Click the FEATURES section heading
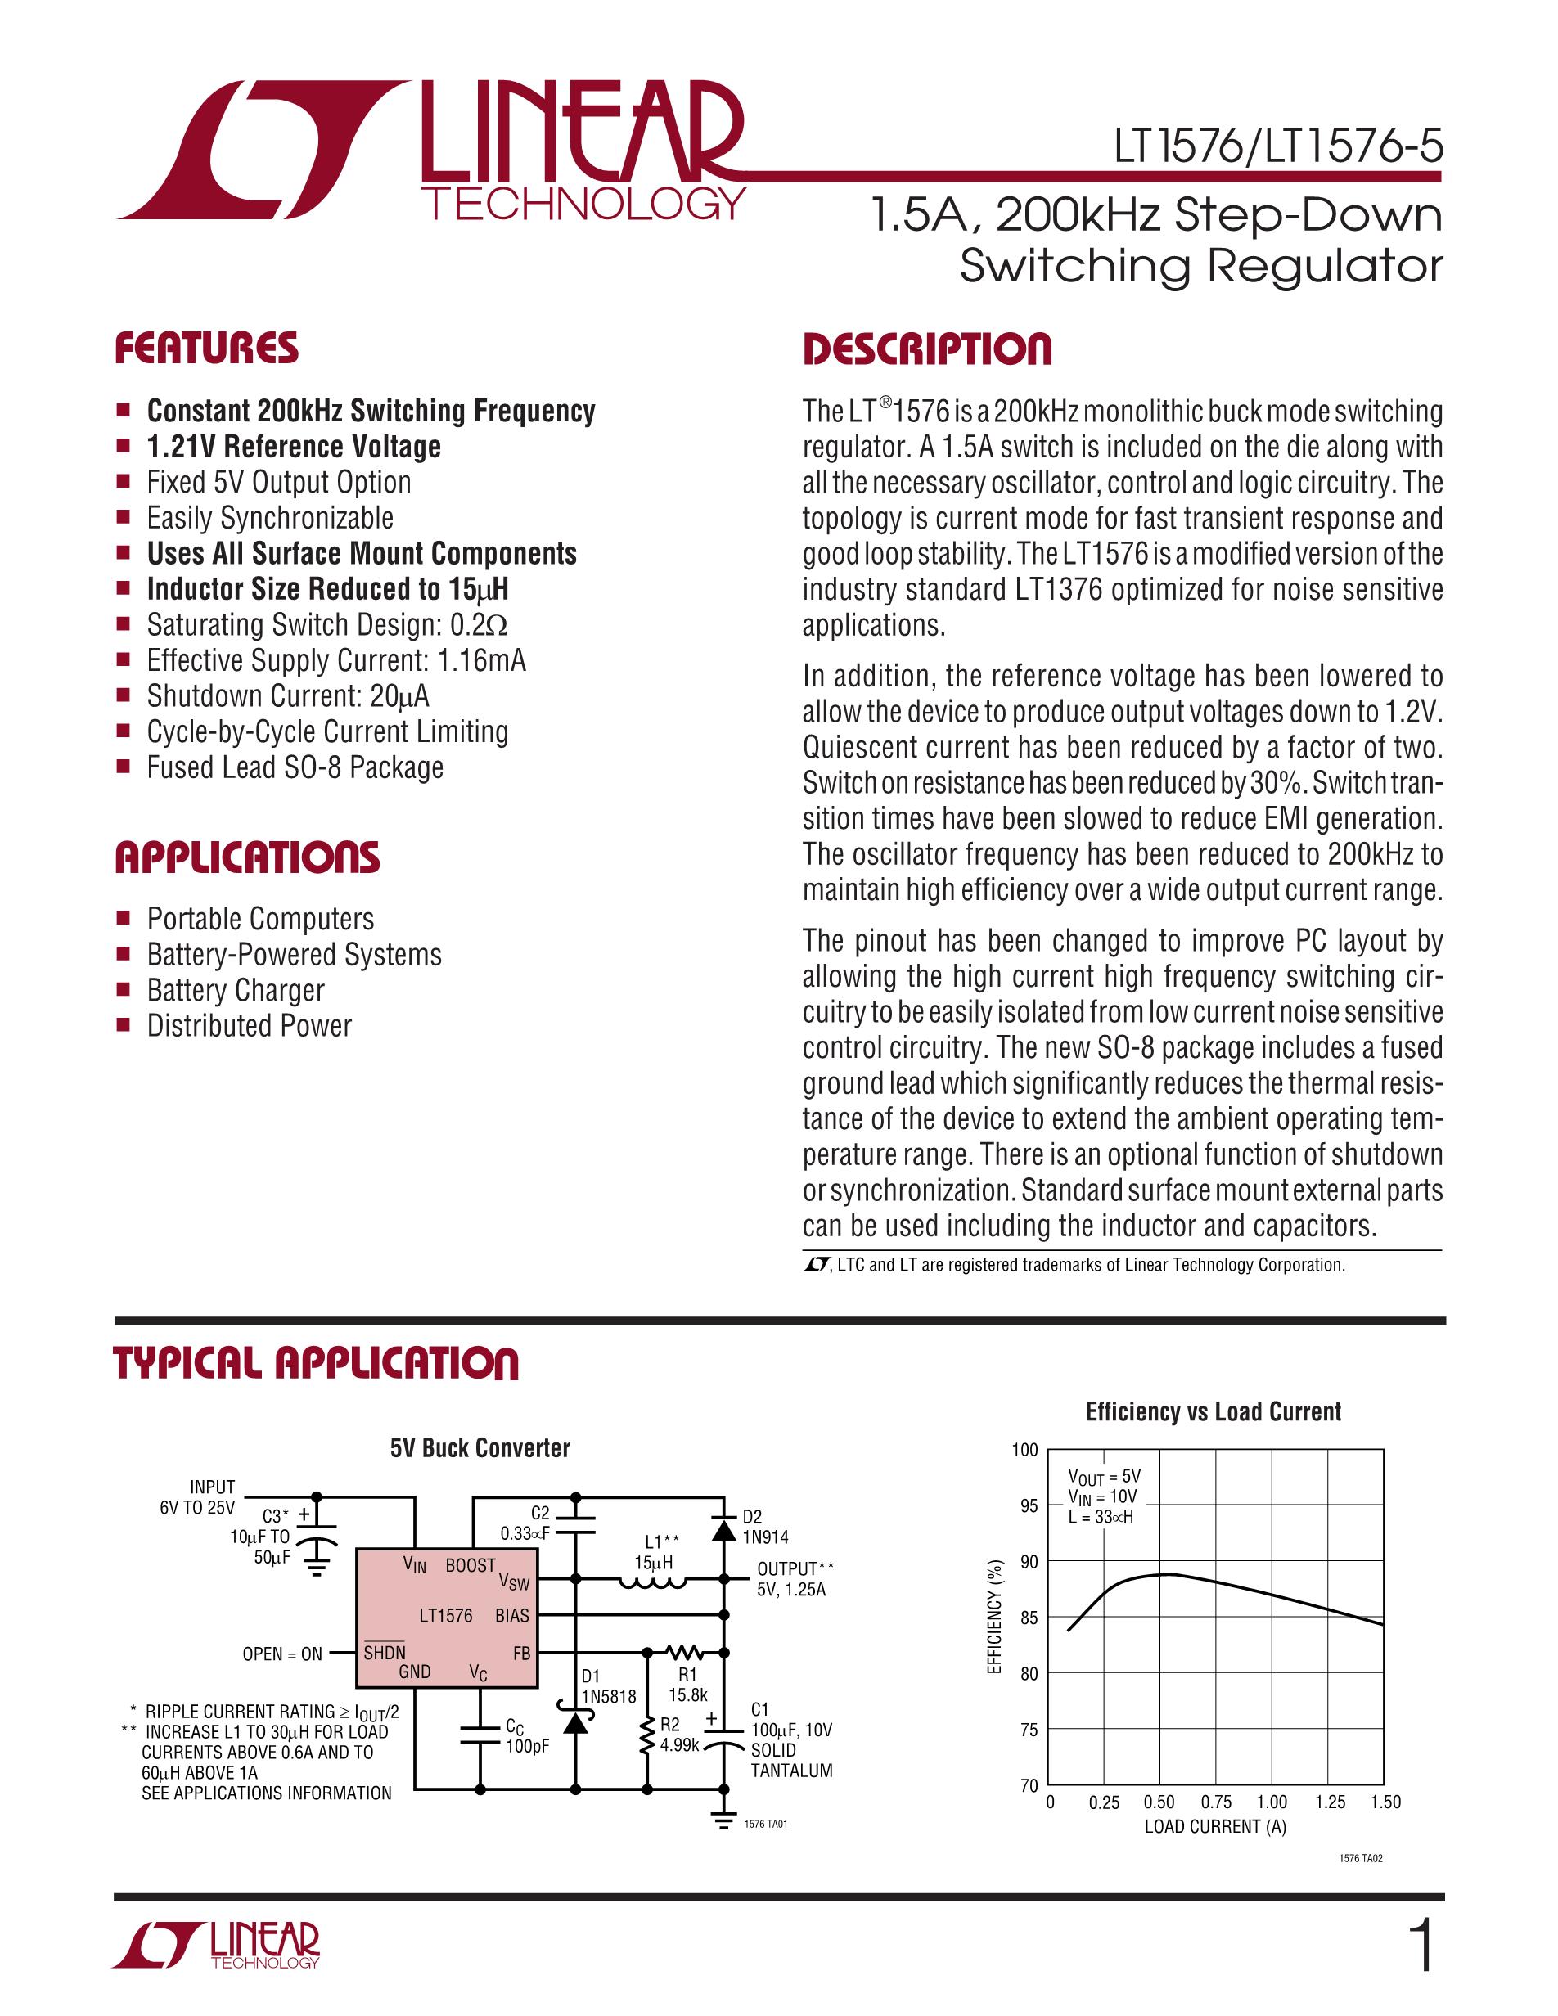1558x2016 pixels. (206, 349)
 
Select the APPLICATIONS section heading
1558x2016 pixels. (246, 857)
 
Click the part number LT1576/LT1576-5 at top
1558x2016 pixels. (1277, 148)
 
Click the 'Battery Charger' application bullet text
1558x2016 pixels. (236, 991)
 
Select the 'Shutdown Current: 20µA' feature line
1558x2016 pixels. (288, 696)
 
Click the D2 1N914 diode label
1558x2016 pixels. (765, 1527)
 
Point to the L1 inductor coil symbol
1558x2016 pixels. (652, 1584)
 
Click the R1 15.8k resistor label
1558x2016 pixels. (687, 1684)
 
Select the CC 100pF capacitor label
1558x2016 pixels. (527, 1735)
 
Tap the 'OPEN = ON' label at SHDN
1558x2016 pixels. (281, 1654)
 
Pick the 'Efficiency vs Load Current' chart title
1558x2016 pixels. (1213, 1411)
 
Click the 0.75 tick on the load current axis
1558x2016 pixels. (1216, 1802)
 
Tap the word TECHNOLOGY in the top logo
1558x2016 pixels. (585, 203)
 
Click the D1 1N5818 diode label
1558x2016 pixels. (608, 1685)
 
